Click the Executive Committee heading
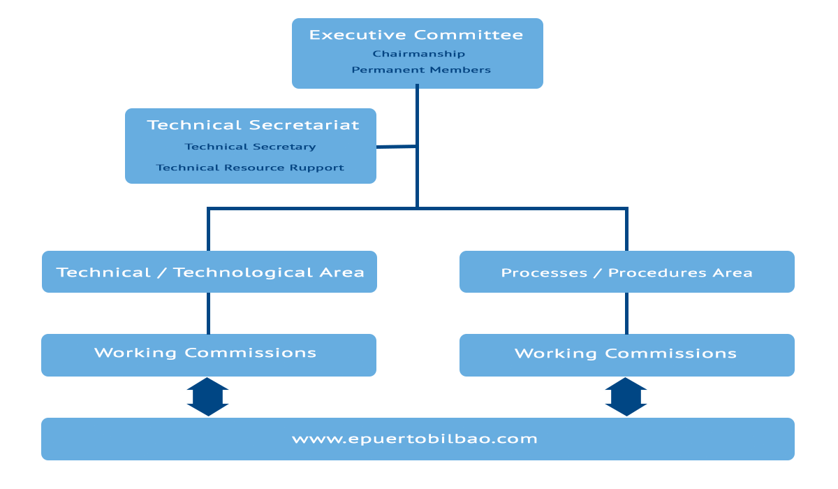[416, 35]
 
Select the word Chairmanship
[418, 54]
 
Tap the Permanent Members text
[420, 70]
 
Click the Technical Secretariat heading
[253, 125]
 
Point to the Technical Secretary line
[250, 147]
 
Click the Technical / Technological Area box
[209, 272]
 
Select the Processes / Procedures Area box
[626, 272]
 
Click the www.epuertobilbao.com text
[415, 439]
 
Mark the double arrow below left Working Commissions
[207, 397]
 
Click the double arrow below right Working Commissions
[626, 397]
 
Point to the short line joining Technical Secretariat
[397, 147]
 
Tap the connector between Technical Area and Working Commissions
[208, 313]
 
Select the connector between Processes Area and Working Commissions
[626, 313]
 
